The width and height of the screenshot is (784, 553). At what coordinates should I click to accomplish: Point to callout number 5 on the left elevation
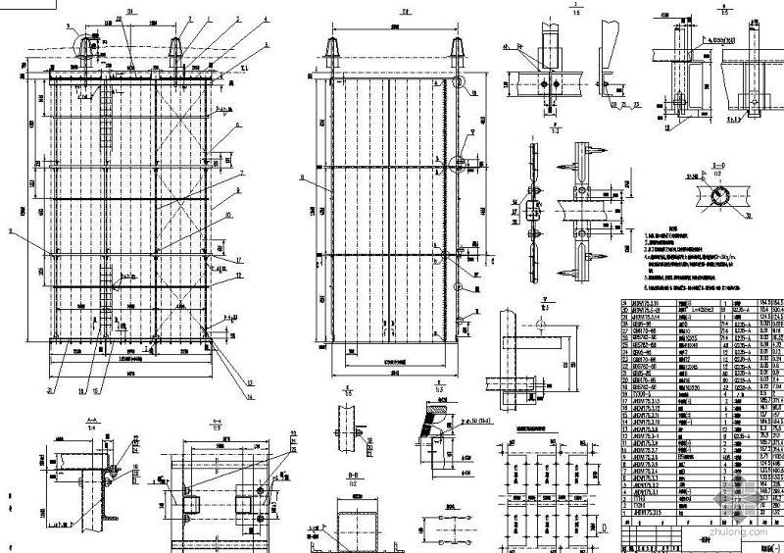265,45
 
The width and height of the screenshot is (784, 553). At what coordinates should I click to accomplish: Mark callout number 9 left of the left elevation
12,231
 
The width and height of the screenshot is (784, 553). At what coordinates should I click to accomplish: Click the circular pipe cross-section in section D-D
720,197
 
